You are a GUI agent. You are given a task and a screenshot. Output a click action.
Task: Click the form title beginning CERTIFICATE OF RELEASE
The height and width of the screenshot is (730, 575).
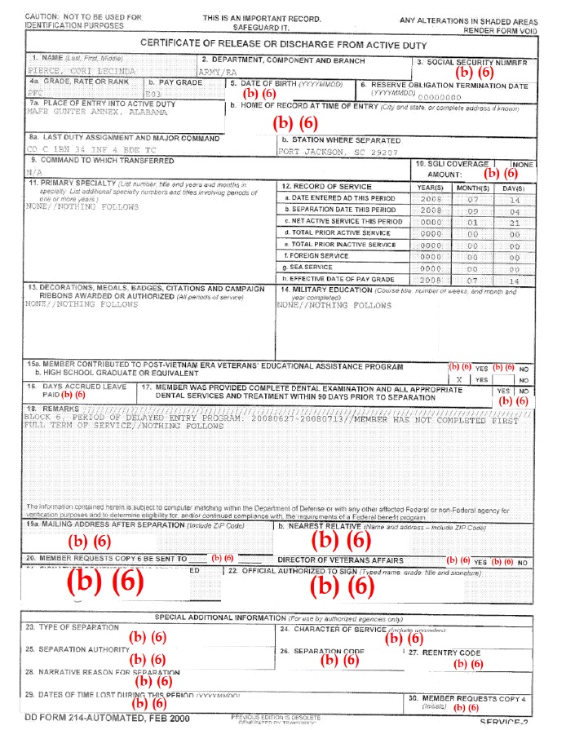point(287,43)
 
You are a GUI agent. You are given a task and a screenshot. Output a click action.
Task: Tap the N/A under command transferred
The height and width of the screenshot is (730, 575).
point(33,173)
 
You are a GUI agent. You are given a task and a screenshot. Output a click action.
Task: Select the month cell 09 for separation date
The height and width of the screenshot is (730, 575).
point(472,210)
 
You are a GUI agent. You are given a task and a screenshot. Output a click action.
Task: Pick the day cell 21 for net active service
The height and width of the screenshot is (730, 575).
point(515,221)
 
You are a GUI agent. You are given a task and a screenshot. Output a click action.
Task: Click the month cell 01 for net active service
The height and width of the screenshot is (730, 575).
point(472,221)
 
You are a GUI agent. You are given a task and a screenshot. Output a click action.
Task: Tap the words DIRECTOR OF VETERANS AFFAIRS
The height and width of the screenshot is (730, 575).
point(340,561)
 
